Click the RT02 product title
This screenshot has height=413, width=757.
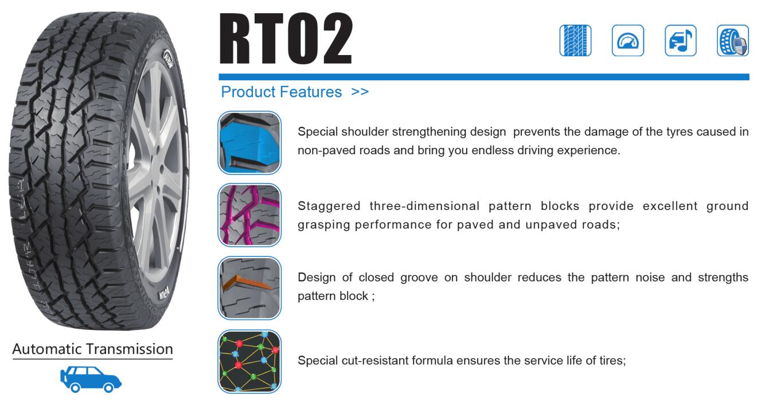286,38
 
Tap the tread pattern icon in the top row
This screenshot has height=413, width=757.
575,40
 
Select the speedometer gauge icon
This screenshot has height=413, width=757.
628,40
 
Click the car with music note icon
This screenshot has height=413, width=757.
681,40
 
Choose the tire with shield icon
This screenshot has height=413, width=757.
733,40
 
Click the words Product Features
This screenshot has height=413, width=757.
282,92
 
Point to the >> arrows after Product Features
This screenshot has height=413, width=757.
360,92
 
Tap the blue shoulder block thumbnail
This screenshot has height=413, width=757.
249,143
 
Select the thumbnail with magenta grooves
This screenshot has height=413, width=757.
249,215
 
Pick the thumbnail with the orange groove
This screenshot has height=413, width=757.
249,288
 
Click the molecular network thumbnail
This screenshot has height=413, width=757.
249,361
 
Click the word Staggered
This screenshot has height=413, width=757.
329,206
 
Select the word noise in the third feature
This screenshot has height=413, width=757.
650,278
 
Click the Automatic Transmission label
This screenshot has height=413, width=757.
92,349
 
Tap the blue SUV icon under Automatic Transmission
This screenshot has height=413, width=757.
91,379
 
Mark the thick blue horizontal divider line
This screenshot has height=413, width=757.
484,77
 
